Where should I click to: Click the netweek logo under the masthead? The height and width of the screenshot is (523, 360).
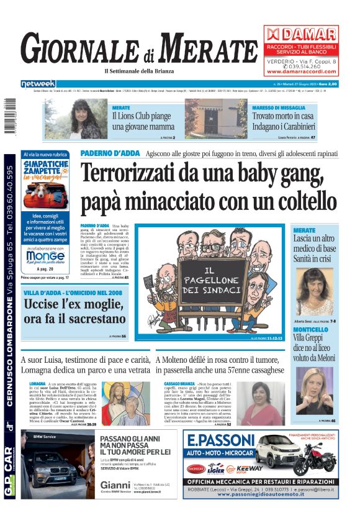tap(38, 83)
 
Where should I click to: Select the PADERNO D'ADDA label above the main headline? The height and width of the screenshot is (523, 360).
tap(109, 153)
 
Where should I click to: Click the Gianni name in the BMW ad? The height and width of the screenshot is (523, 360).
tap(115, 484)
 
